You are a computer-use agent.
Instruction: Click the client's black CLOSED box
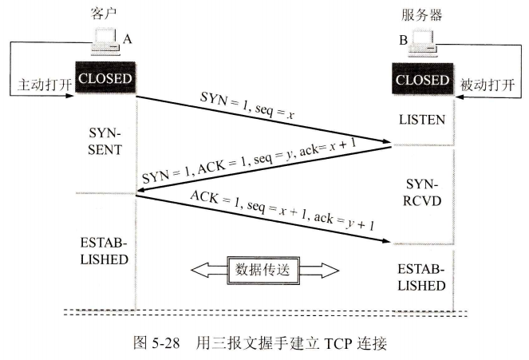(105, 79)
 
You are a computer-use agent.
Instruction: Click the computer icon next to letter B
(421, 45)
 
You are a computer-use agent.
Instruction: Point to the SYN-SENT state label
(105, 141)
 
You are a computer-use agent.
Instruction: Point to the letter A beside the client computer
(127, 37)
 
